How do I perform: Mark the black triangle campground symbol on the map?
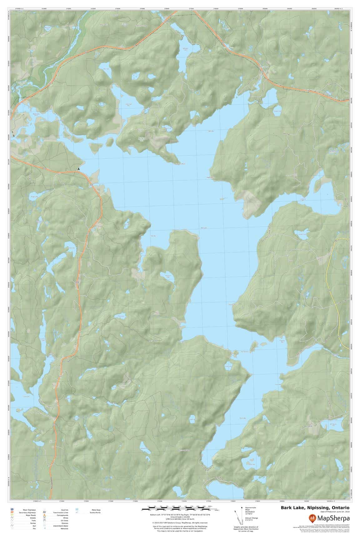click(x=79, y=169)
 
